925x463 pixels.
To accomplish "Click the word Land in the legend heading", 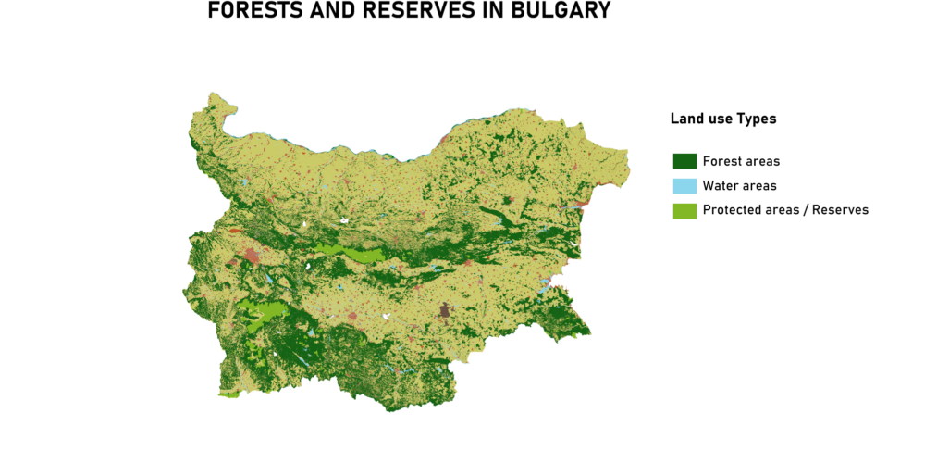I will tap(685, 119).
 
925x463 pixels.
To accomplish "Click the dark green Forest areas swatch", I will tap(684, 161).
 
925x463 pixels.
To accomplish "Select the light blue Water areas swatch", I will tap(684, 186).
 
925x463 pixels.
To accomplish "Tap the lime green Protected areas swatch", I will tap(684, 210).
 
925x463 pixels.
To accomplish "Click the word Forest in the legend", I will tap(721, 161).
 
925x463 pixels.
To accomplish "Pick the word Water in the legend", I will tap(721, 186).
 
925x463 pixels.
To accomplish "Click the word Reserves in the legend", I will tap(840, 210).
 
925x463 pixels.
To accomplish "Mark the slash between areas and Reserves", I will tap(805, 210).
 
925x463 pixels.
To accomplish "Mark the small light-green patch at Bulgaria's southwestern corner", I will tap(228, 394).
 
